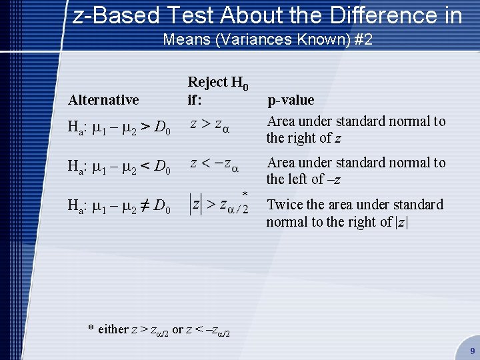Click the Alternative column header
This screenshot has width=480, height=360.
pyautogui.click(x=103, y=100)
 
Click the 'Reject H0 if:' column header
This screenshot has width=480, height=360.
pyautogui.click(x=218, y=91)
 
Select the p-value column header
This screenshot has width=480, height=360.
pyautogui.click(x=291, y=100)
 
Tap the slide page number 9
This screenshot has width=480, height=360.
pyautogui.click(x=472, y=350)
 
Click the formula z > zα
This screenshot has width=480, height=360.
pyautogui.click(x=210, y=125)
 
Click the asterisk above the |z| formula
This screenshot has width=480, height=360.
pyautogui.click(x=245, y=193)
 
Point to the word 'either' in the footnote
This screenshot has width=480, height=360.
pyautogui.click(x=113, y=329)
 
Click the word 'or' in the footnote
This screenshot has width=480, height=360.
pyautogui.click(x=177, y=329)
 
